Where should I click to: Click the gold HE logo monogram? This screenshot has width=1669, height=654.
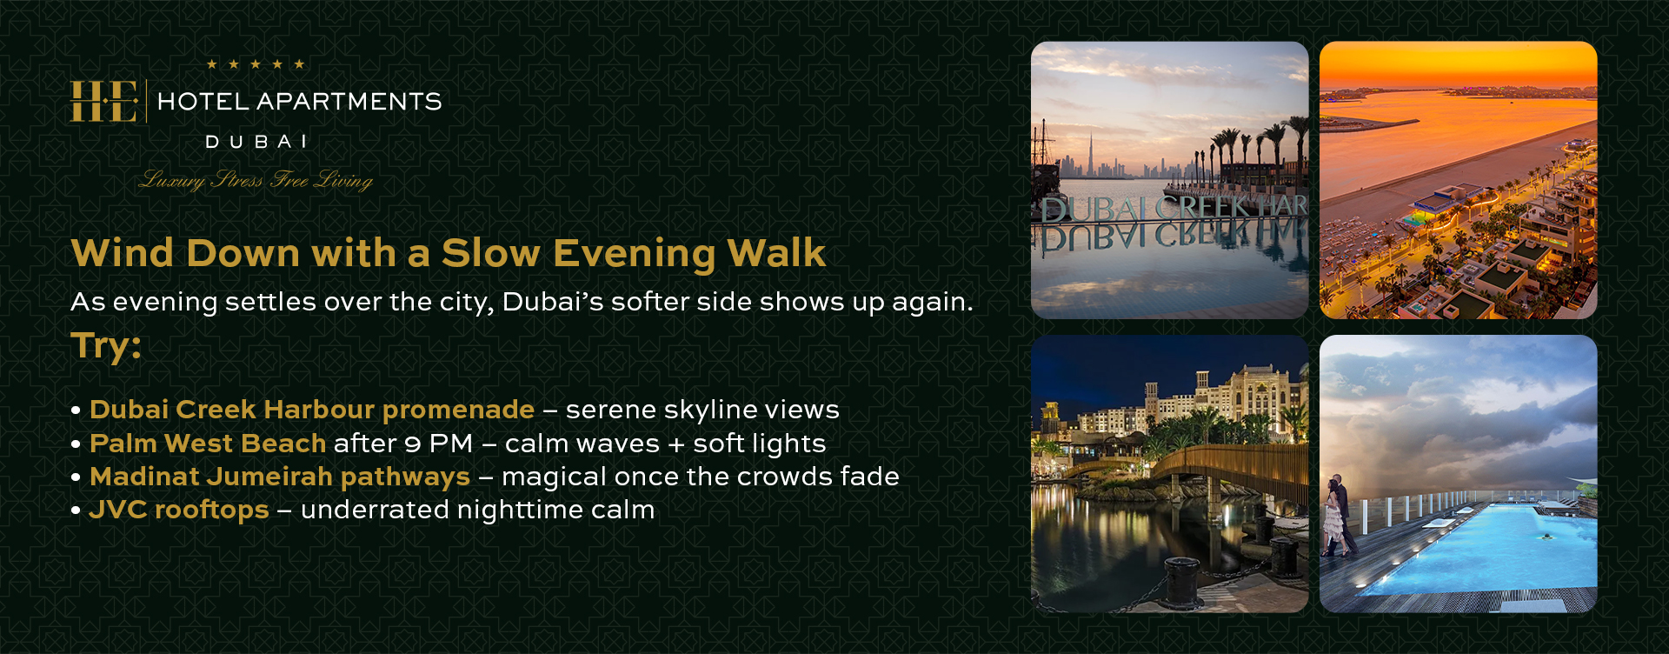[x=103, y=102]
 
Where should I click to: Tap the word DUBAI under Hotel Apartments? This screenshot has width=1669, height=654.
[x=256, y=142]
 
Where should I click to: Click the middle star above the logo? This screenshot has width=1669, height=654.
[x=256, y=64]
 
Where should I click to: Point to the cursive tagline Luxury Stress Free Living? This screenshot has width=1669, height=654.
[x=256, y=180]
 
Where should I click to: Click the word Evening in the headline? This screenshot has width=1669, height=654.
[x=634, y=254]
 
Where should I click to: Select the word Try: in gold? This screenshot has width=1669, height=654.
[x=106, y=346]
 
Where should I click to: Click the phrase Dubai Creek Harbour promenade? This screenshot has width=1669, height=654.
[x=312, y=410]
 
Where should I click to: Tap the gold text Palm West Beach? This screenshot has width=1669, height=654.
[x=208, y=444]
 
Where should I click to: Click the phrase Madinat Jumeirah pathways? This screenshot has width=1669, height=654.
[x=280, y=477]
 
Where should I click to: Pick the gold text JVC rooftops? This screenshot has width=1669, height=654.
[x=179, y=510]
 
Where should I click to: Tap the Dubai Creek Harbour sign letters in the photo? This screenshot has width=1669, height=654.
[x=1174, y=209]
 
